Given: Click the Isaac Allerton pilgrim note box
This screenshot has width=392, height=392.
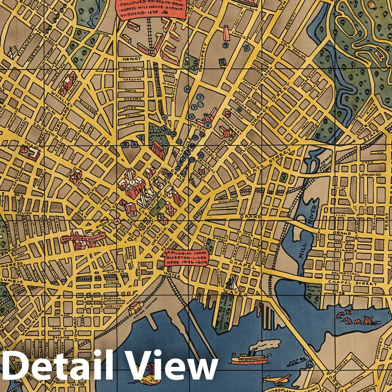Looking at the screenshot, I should [186, 257].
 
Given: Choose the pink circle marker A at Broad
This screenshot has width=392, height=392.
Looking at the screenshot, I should [118, 222].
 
